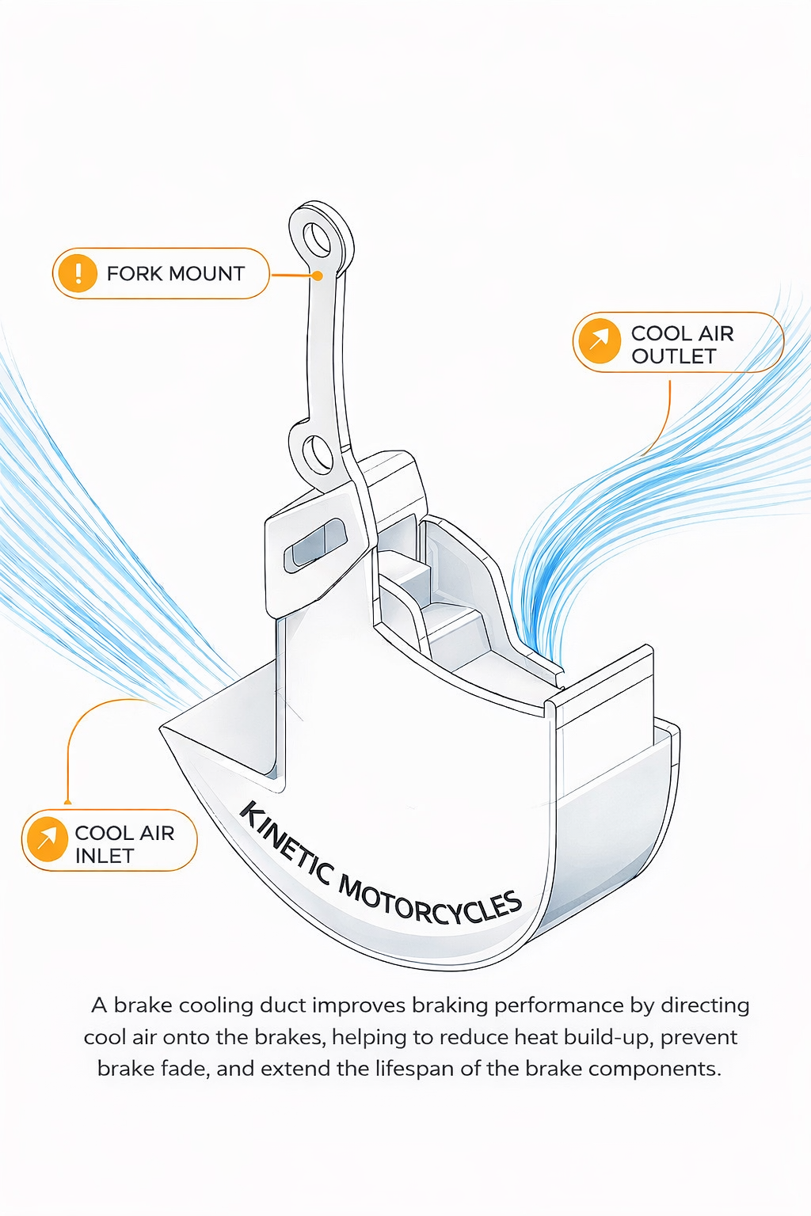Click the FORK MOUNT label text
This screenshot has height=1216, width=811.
[x=175, y=274]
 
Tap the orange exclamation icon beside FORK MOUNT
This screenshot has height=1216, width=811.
[x=78, y=273]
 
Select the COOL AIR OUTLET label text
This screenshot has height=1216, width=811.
[x=682, y=345]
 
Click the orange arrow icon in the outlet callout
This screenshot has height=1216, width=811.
[x=600, y=342]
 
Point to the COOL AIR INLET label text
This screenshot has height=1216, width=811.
[x=124, y=844]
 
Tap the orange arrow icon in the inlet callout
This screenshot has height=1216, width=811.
[x=48, y=839]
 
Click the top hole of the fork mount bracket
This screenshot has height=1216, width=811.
[x=318, y=238]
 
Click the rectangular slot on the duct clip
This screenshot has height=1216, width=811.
[x=315, y=545]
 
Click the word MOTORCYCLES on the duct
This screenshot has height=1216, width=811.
[x=432, y=902]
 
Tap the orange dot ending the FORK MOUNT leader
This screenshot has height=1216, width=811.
[x=317, y=276]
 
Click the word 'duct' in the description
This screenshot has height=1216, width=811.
[x=283, y=1005]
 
